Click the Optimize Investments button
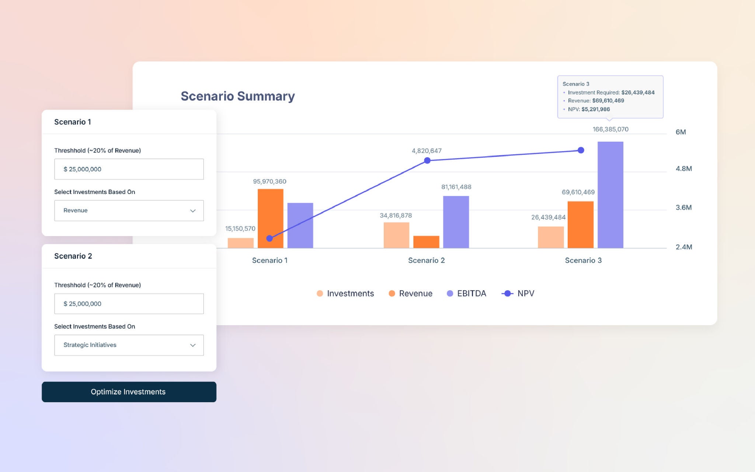(x=129, y=392)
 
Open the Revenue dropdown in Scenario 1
(x=129, y=211)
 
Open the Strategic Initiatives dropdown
(x=129, y=345)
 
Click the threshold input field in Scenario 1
(x=129, y=169)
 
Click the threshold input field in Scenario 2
(x=129, y=304)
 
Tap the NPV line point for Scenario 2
(x=427, y=160)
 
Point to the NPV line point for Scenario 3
(x=581, y=150)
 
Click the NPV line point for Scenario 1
(x=269, y=239)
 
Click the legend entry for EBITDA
(x=466, y=294)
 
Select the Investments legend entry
(x=345, y=294)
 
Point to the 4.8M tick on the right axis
(x=683, y=169)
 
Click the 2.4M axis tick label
(x=683, y=247)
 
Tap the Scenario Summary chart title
(x=237, y=96)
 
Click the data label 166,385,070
(x=610, y=129)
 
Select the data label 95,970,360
(x=269, y=181)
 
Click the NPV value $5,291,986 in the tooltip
(x=595, y=109)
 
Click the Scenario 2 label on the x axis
(x=426, y=260)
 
